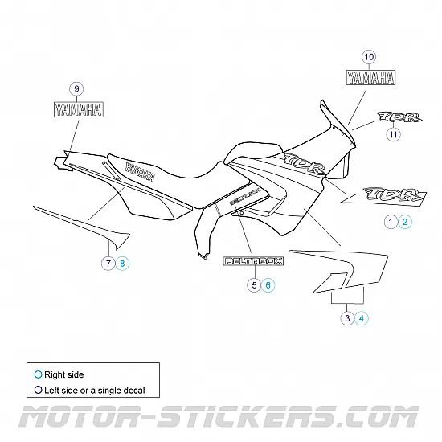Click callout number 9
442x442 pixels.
[76, 88]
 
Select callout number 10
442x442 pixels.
[369, 57]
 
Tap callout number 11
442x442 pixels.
[393, 134]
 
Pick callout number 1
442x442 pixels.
[391, 222]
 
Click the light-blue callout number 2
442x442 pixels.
[405, 222]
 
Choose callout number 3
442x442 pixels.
[347, 318]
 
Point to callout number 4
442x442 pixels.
[362, 318]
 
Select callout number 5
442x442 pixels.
[254, 285]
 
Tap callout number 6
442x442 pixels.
[268, 285]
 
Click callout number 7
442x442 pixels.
[108, 264]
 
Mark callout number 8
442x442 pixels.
[122, 264]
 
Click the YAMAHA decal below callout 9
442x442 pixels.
[79, 109]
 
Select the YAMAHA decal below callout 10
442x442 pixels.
[370, 77]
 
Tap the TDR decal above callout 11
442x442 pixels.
[399, 117]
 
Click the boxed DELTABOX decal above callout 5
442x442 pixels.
[253, 261]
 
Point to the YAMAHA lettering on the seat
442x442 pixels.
[140, 172]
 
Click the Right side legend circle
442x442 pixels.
[38, 374]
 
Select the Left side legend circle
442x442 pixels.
[38, 390]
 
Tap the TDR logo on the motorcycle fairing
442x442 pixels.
[305, 164]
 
